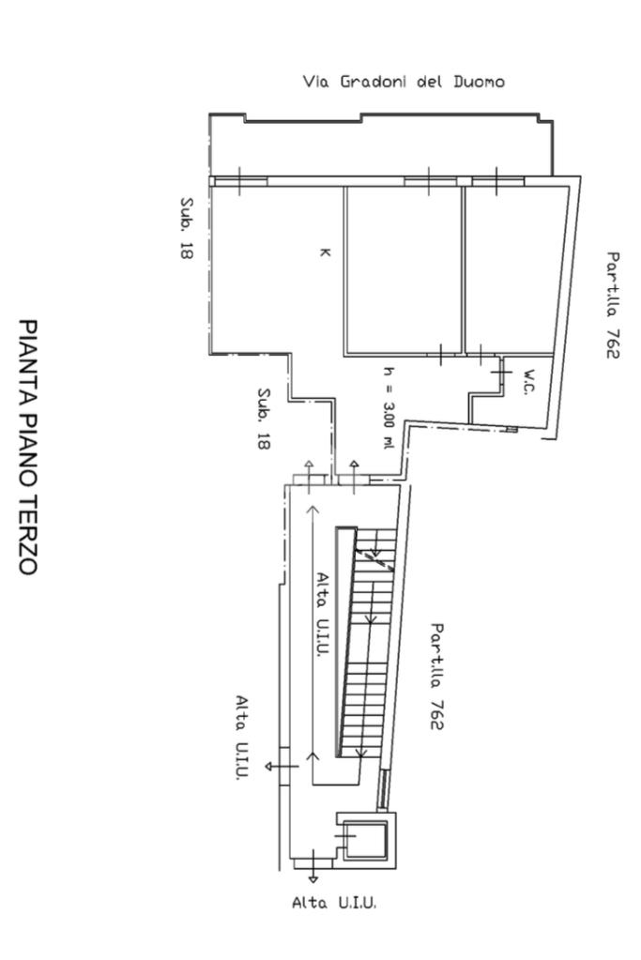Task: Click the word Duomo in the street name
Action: pos(479,82)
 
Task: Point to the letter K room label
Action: pos(325,252)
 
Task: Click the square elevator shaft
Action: pos(364,838)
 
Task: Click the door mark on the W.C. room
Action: pos(502,373)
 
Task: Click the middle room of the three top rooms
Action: pos(404,270)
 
